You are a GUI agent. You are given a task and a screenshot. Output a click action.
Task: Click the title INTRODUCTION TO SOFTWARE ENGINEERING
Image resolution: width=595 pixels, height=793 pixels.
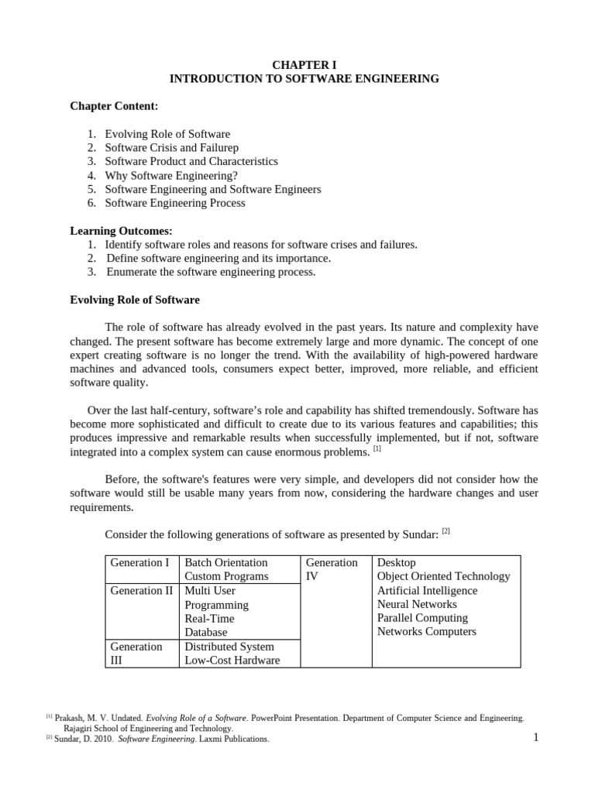pyautogui.click(x=304, y=78)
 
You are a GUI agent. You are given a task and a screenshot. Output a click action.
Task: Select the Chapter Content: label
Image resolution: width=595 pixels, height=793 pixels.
pyautogui.click(x=114, y=105)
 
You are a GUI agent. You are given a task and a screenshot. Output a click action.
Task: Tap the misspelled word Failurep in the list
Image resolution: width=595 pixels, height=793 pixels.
pyautogui.click(x=219, y=147)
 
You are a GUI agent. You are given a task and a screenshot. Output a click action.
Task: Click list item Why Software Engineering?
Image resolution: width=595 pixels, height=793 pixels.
pyautogui.click(x=171, y=175)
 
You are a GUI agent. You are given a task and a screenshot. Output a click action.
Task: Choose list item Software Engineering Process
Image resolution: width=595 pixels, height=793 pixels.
pyautogui.click(x=175, y=203)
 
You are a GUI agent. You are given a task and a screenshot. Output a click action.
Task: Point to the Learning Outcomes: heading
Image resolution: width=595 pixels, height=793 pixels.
pyautogui.click(x=121, y=231)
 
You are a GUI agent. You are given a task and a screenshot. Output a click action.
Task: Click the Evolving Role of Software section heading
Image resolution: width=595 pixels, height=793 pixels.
pyautogui.click(x=134, y=300)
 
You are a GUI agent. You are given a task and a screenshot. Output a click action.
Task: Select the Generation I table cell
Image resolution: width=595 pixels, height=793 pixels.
pyautogui.click(x=139, y=562)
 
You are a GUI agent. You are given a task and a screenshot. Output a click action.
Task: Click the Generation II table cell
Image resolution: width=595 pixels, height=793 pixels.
pyautogui.click(x=142, y=590)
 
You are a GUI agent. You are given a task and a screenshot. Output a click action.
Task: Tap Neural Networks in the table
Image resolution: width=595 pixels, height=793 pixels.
pyautogui.click(x=417, y=604)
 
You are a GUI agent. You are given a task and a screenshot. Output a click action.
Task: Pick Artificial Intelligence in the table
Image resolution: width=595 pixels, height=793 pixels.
pyautogui.click(x=427, y=590)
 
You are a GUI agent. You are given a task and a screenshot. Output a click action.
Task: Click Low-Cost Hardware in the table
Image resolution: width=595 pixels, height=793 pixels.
pyautogui.click(x=232, y=660)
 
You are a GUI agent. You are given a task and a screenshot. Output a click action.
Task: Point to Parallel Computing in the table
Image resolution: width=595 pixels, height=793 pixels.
pyautogui.click(x=422, y=618)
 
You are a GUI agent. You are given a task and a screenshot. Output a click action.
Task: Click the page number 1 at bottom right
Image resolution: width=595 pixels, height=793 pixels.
pyautogui.click(x=535, y=736)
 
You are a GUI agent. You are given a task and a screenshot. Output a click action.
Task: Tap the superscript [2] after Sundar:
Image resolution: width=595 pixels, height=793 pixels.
pyautogui.click(x=445, y=530)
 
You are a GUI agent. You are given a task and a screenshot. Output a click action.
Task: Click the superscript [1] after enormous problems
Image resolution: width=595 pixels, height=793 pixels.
pyautogui.click(x=377, y=448)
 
